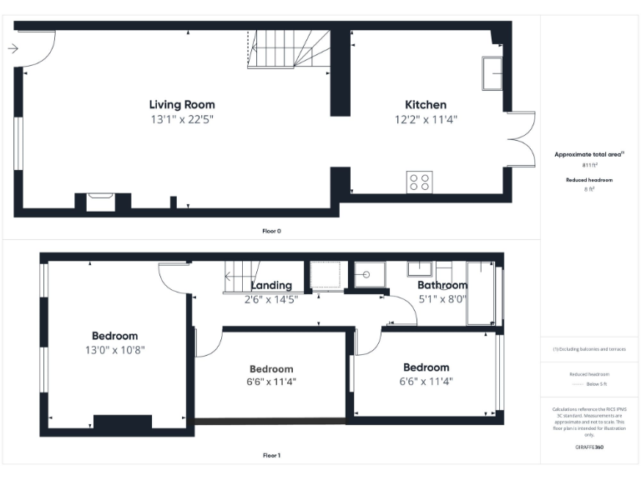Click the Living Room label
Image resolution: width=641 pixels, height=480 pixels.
(x=182, y=105)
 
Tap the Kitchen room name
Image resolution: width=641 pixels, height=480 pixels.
(x=426, y=105)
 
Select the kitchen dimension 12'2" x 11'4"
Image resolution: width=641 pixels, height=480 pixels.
(x=426, y=120)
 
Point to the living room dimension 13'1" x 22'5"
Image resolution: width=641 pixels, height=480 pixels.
(x=182, y=120)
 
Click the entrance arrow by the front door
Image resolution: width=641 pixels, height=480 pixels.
(x=13, y=49)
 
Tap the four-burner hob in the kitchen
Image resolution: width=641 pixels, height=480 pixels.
(x=419, y=182)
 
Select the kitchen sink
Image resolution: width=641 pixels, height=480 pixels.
(x=492, y=74)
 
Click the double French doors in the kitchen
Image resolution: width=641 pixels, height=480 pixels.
(x=521, y=138)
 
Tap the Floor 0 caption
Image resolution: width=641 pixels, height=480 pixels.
(x=271, y=231)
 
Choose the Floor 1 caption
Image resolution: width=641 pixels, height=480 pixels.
(x=271, y=456)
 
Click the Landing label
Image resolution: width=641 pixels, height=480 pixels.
(x=271, y=286)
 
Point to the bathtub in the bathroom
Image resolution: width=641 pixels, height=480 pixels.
(x=480, y=292)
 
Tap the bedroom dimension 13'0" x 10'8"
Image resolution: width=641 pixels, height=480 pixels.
(x=115, y=350)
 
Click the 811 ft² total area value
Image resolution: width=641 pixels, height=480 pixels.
(x=589, y=166)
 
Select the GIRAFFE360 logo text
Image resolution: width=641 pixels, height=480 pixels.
(x=589, y=447)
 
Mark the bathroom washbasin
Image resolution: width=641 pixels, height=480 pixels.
(x=419, y=268)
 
